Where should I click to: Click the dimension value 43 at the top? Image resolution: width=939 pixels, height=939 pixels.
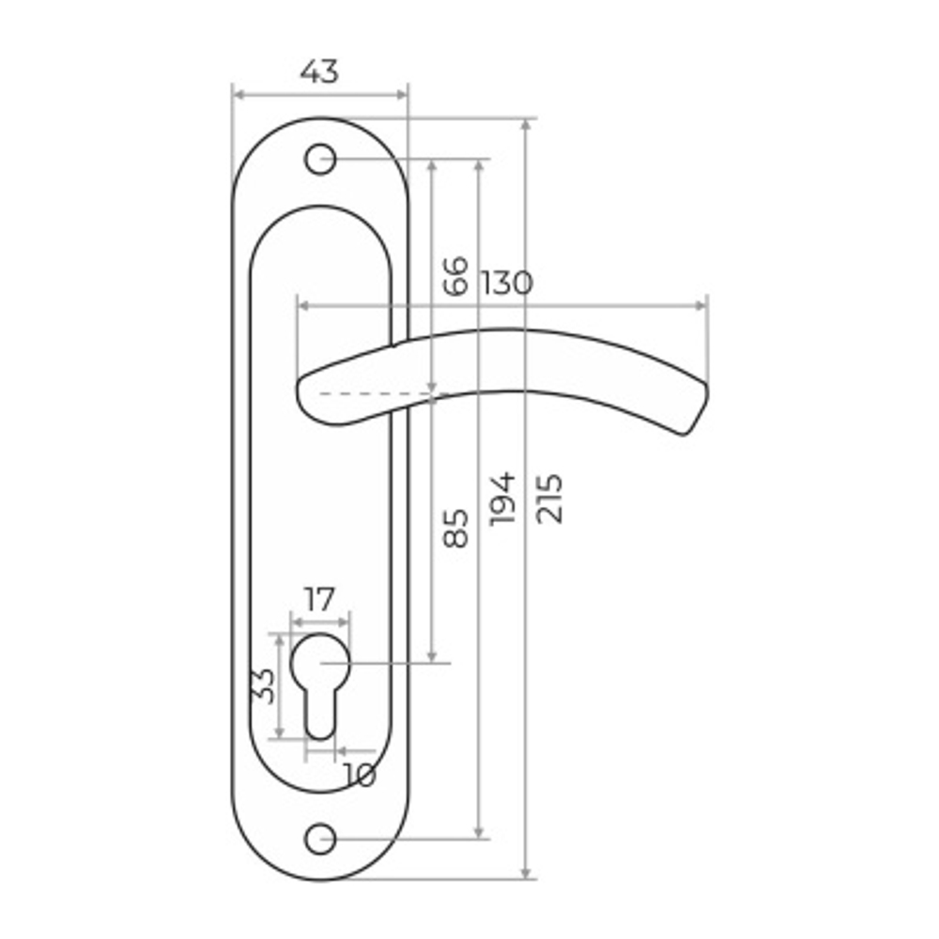click(319, 72)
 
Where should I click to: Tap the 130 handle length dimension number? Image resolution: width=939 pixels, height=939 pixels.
click(506, 284)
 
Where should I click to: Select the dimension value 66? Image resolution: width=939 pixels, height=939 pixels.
click(455, 275)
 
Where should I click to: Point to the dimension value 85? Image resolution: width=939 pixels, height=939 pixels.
click(455, 528)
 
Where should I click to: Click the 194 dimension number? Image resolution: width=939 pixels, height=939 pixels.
click(501, 500)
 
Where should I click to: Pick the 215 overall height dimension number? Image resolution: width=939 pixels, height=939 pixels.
click(549, 500)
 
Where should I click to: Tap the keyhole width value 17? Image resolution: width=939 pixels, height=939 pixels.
click(319, 599)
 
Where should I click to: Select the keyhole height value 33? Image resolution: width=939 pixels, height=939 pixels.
click(264, 685)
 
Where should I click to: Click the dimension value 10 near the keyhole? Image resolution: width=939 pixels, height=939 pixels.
click(360, 775)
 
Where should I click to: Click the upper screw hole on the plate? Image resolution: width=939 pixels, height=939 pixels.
click(320, 160)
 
